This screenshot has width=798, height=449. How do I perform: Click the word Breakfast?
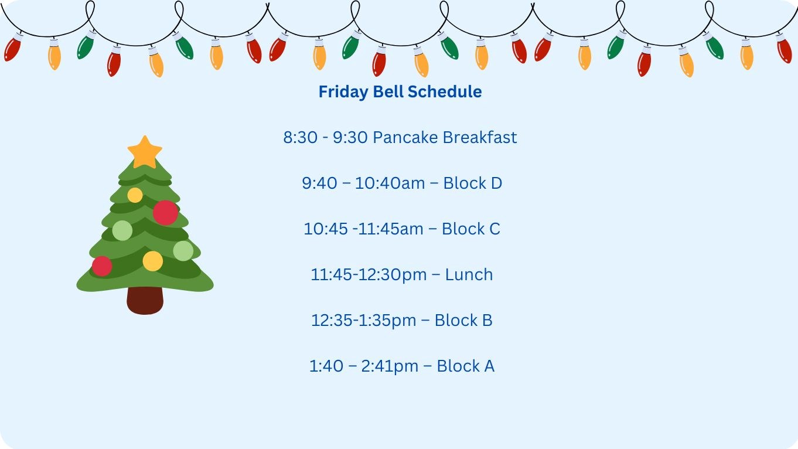(x=480, y=138)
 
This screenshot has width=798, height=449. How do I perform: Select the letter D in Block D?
(x=496, y=183)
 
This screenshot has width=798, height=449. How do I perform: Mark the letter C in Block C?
(x=495, y=229)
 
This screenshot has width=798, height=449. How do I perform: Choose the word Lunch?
(x=469, y=275)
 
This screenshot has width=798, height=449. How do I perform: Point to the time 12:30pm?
(x=392, y=275)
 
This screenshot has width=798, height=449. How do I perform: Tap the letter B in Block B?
(x=486, y=321)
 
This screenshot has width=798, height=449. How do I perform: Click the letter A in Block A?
(x=488, y=366)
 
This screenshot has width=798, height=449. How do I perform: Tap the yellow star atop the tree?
(x=145, y=152)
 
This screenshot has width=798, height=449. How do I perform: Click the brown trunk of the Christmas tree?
(x=145, y=300)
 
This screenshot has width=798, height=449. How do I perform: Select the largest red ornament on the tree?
(x=165, y=213)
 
